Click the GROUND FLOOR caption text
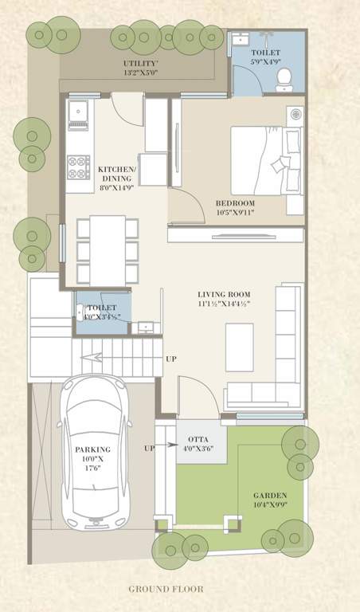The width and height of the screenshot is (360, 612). coord(166,590)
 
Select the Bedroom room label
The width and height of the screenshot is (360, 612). coord(241,202)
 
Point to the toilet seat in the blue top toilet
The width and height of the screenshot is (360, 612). coord(284,77)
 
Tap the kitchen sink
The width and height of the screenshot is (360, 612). coord(78,113)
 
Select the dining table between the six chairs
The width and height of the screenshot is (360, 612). coord(107,250)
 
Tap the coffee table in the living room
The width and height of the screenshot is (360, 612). coord(239,347)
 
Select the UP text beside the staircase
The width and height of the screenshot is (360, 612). coord(171,359)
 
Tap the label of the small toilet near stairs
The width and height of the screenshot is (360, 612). coord(101,308)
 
